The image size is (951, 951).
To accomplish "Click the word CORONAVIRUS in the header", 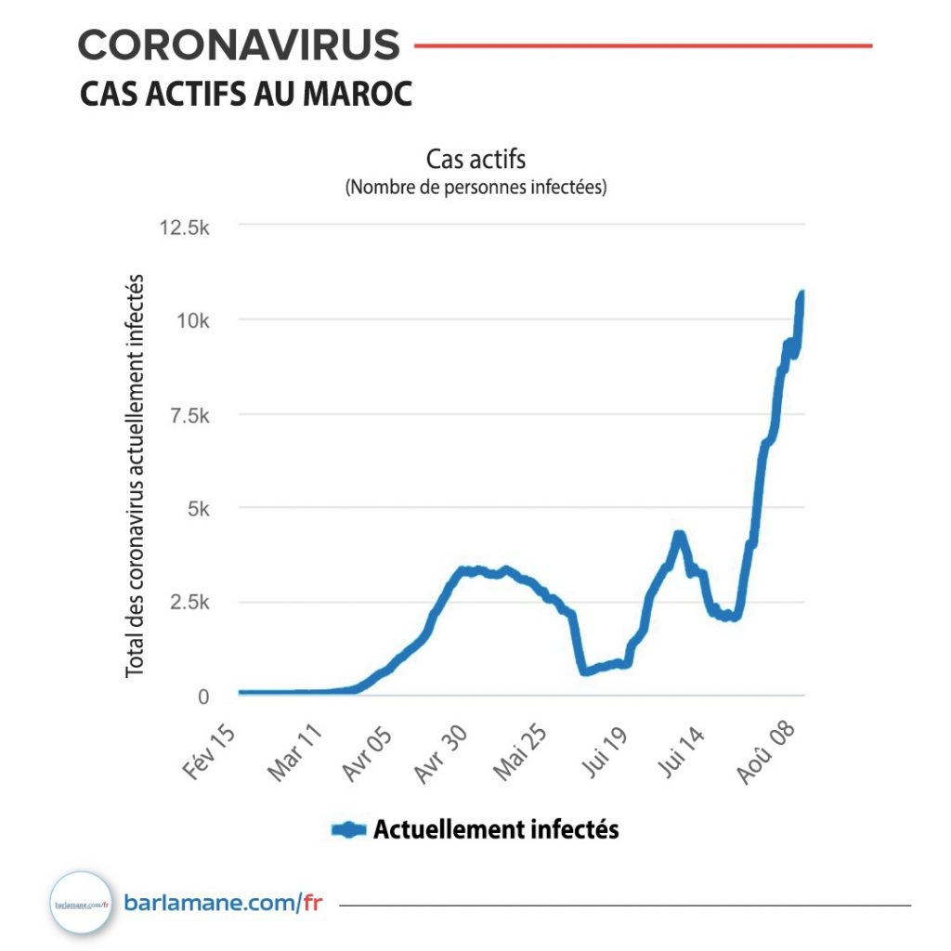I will click(x=239, y=45).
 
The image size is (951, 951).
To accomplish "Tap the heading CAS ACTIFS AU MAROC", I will click(x=245, y=94).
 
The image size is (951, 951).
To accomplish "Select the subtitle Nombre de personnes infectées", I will click(x=475, y=188).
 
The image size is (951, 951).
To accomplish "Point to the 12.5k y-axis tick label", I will click(x=186, y=227).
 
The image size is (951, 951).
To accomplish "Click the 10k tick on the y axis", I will click(x=195, y=320).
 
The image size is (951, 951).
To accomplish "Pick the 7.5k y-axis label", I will click(x=190, y=415).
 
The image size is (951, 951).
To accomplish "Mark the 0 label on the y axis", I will click(x=205, y=697).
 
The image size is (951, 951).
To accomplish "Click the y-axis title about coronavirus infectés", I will click(x=136, y=474).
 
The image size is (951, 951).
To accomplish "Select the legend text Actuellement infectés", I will click(x=495, y=829).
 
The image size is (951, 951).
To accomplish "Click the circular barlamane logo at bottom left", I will click(x=82, y=903).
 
